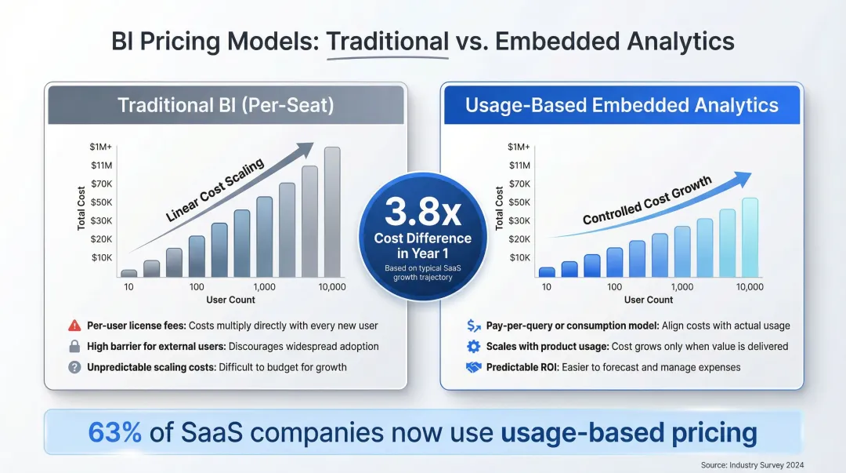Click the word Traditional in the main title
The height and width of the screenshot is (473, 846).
(x=387, y=41)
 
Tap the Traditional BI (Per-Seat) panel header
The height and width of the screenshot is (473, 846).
(x=226, y=105)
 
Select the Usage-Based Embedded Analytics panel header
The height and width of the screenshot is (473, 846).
(x=622, y=105)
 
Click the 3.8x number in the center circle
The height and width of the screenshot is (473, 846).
(x=423, y=212)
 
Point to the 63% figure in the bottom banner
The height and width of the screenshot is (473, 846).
(x=115, y=432)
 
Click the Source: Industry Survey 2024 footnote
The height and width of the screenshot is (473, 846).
(x=752, y=465)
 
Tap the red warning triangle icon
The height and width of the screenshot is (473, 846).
(x=75, y=326)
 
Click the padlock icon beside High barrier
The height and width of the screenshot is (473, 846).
(x=75, y=346)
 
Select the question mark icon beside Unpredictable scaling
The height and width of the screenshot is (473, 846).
(x=75, y=367)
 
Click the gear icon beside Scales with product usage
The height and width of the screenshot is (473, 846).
(x=473, y=346)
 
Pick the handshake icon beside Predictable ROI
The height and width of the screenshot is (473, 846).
(x=473, y=367)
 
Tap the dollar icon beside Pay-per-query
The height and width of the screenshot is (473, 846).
(x=473, y=326)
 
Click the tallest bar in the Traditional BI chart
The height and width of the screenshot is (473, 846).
(x=332, y=212)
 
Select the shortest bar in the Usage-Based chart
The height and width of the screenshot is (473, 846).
(x=547, y=271)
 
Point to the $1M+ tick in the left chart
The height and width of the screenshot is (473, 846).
(x=102, y=147)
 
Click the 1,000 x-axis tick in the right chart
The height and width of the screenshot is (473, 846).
(x=682, y=287)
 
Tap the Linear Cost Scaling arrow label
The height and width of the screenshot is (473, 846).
(x=215, y=191)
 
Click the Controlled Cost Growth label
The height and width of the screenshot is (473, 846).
(x=647, y=201)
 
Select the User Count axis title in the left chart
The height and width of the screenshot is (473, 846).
(x=230, y=300)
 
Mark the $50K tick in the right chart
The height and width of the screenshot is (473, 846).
(x=519, y=202)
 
